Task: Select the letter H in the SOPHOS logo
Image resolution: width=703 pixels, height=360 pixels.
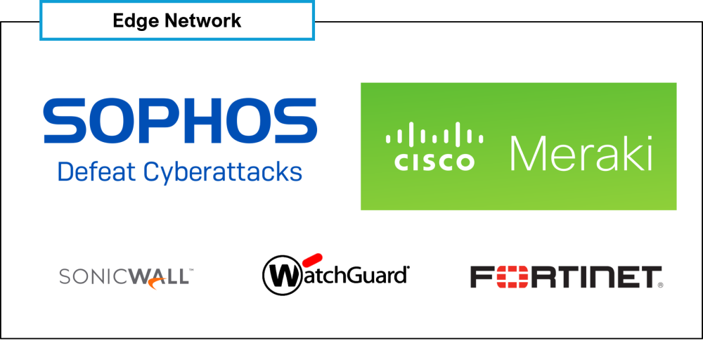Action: click(209, 121)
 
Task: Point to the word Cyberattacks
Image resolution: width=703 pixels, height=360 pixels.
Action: click(222, 172)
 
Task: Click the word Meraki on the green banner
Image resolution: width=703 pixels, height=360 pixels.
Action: click(581, 153)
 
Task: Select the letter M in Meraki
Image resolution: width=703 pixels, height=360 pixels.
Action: click(529, 153)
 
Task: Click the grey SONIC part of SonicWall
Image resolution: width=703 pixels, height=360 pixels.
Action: click(90, 276)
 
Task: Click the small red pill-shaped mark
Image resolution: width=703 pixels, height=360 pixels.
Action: click(311, 259)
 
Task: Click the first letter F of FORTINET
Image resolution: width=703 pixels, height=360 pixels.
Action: click(482, 277)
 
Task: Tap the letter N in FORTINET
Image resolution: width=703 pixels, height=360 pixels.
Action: click(599, 277)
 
